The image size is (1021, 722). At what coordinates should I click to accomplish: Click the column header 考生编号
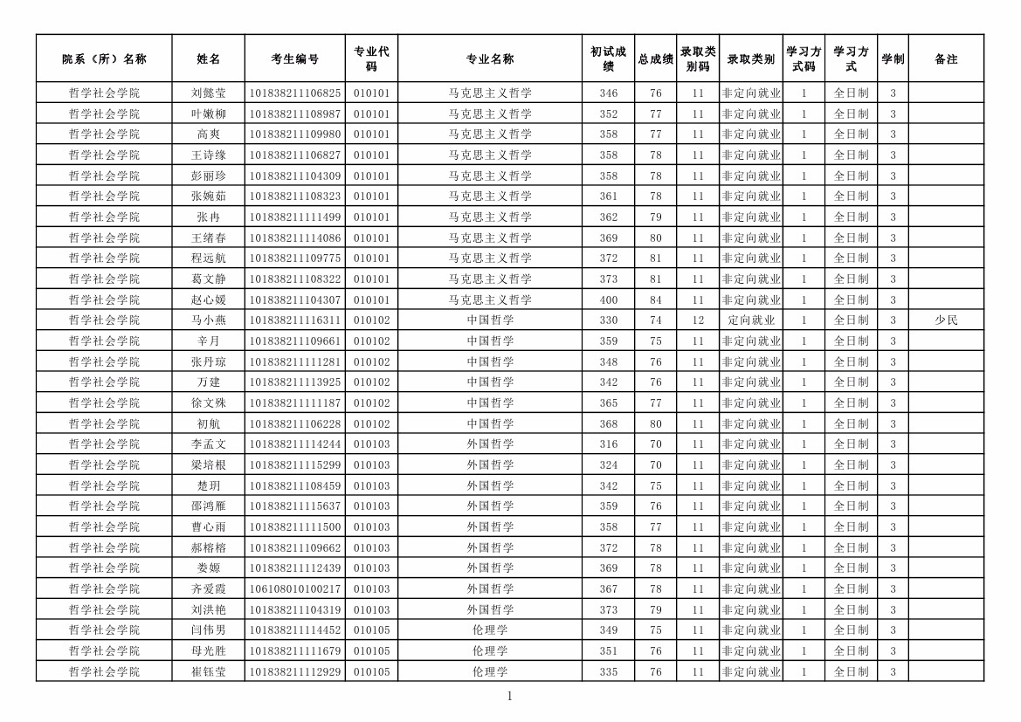pyautogui.click(x=295, y=59)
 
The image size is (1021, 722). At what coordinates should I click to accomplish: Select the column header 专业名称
pyautogui.click(x=490, y=59)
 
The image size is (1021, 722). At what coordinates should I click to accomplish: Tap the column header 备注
pyautogui.click(x=946, y=59)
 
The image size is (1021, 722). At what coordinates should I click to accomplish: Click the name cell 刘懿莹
pyautogui.click(x=209, y=93)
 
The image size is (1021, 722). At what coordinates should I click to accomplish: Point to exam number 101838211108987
pyautogui.click(x=295, y=113)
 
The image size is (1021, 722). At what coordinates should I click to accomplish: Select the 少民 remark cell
pyautogui.click(x=946, y=320)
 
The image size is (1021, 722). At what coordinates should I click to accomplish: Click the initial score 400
pyautogui.click(x=609, y=299)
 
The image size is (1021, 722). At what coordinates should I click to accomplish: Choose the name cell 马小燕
pyautogui.click(x=209, y=320)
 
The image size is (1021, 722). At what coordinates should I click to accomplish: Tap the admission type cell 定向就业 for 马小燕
pyautogui.click(x=751, y=320)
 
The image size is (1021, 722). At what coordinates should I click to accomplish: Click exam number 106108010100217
pyautogui.click(x=295, y=589)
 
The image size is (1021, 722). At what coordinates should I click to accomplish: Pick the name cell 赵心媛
pyautogui.click(x=209, y=299)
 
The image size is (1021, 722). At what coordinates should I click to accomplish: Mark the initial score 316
pyautogui.click(x=609, y=444)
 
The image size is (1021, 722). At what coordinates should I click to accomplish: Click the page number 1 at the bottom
pyautogui.click(x=510, y=696)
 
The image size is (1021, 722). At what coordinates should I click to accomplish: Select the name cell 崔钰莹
pyautogui.click(x=209, y=671)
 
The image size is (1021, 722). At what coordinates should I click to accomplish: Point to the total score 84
pyautogui.click(x=656, y=299)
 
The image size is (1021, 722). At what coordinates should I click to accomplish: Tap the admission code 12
pyautogui.click(x=698, y=320)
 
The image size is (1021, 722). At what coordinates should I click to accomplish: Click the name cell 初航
pyautogui.click(x=209, y=423)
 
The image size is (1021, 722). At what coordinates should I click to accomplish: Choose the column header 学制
pyautogui.click(x=893, y=59)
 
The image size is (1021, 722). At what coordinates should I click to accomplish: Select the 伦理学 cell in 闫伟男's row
pyautogui.click(x=490, y=630)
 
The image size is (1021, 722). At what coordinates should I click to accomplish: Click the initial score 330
pyautogui.click(x=609, y=320)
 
